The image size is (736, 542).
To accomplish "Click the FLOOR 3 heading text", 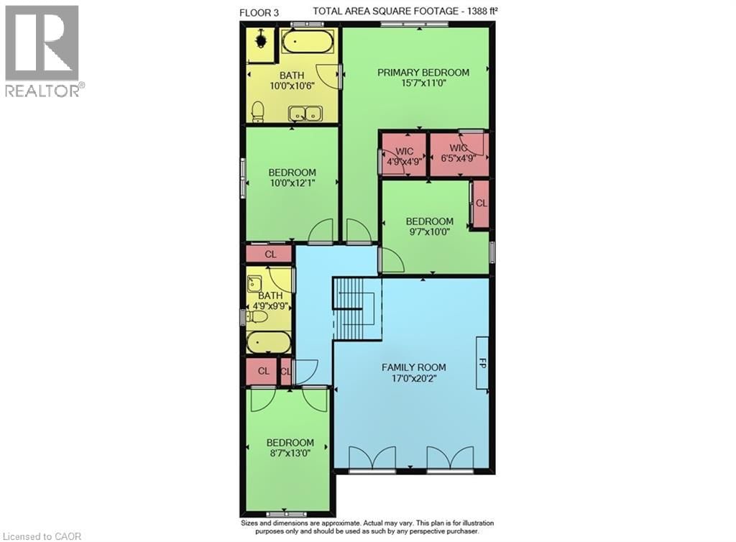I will click(x=261, y=12).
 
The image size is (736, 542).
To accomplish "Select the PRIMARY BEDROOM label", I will click(x=424, y=73).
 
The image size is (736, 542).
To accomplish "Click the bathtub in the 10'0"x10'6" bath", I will click(x=307, y=41).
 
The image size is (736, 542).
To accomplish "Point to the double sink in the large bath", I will click(x=305, y=113).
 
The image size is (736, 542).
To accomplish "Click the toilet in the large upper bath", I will click(x=258, y=111).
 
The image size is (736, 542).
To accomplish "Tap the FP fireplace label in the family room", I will click(x=482, y=364).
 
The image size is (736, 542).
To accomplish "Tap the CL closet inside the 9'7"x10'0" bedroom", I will click(x=481, y=203).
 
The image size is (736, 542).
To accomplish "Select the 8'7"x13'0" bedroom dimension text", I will click(x=290, y=454).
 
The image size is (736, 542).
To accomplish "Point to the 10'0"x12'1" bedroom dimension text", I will click(x=293, y=183).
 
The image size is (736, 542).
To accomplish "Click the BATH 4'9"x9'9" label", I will click(x=270, y=300).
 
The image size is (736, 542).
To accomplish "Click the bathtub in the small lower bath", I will click(x=269, y=342).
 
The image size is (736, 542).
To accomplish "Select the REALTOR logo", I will click(x=43, y=50).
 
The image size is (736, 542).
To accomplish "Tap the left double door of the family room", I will click(x=372, y=458).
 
